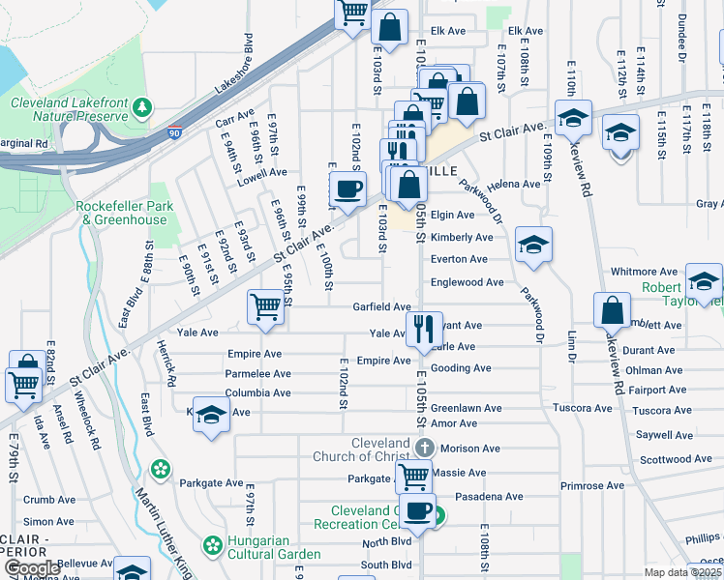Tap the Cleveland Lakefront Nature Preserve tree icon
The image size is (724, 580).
coord(143,105)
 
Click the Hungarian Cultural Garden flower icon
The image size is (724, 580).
coord(213,544)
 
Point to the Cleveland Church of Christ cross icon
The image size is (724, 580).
coord(424,447)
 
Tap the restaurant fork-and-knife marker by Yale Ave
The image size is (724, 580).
coord(422,329)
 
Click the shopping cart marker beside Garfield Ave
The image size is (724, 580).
coord(265,306)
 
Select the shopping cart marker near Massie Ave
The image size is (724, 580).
coord(414,476)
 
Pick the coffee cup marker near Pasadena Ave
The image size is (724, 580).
coord(418,511)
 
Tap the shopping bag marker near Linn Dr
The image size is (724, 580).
coord(612,311)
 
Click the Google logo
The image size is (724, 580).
coord(31,568)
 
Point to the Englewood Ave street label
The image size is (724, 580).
coord(468,282)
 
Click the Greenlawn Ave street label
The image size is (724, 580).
coord(466,408)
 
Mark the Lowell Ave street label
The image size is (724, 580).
coord(263,172)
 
